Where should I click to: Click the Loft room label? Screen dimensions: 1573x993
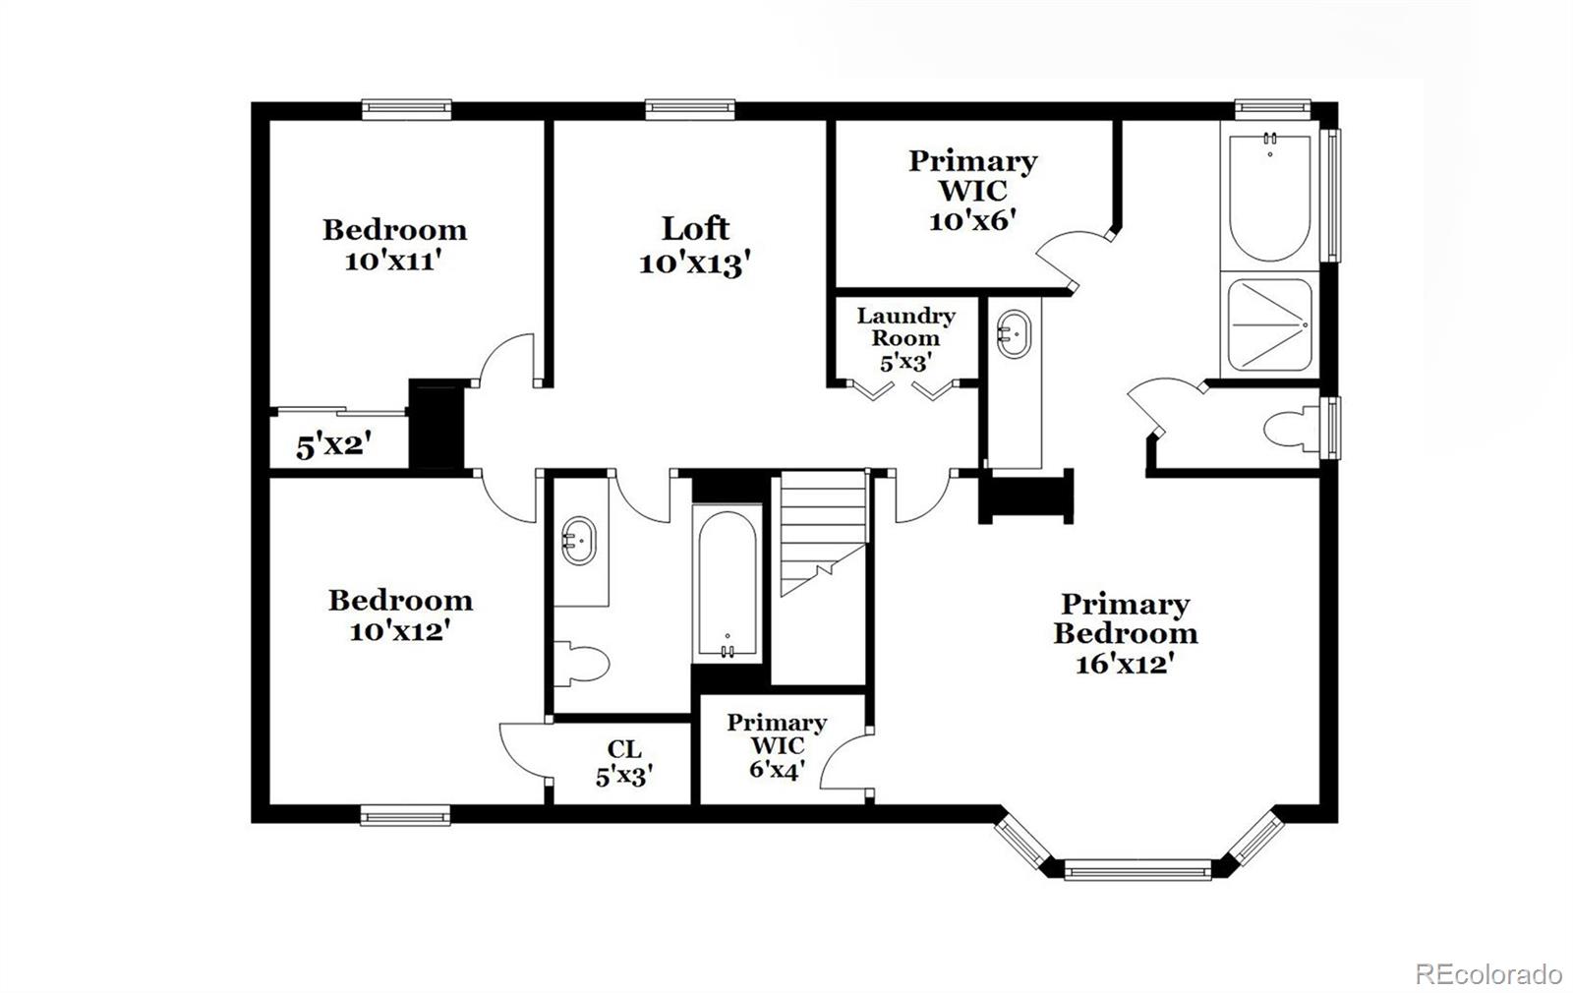click(695, 229)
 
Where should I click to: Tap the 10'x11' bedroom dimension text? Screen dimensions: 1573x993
click(393, 262)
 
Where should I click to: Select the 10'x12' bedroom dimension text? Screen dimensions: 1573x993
click(399, 631)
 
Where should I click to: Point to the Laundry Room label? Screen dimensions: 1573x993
click(905, 326)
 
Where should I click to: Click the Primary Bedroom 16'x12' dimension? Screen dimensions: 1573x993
click(1126, 664)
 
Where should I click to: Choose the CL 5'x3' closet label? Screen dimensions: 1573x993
click(624, 762)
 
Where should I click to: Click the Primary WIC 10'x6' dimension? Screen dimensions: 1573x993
click(972, 220)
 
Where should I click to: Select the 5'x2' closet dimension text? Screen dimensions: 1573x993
click(333, 445)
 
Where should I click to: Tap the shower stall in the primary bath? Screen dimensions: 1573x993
click(1269, 325)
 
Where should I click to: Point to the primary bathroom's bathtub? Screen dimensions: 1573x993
click(1269, 197)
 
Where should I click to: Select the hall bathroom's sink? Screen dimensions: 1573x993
click(579, 541)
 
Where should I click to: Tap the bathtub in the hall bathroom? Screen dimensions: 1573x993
click(728, 584)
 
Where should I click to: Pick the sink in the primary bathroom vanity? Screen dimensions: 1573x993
click(1014, 335)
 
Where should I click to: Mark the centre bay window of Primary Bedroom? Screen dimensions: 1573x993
click(1137, 872)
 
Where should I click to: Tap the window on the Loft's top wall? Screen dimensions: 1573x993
click(689, 108)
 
